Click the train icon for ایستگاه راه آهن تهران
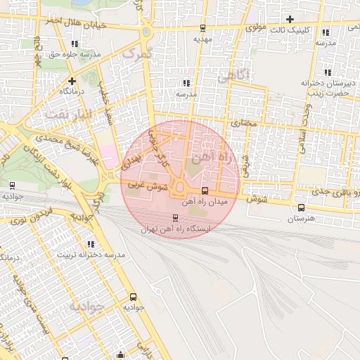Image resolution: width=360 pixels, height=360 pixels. [x=176, y=217]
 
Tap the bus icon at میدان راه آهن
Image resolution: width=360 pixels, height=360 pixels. [x=205, y=191]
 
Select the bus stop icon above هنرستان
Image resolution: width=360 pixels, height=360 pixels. [x=301, y=207]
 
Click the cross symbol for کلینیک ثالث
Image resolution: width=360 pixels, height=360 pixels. [x=289, y=18]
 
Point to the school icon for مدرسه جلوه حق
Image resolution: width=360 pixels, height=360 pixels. [x=74, y=44]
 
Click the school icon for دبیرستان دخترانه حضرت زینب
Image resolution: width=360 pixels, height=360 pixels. [x=328, y=72]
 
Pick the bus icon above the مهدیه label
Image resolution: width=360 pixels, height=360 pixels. [x=202, y=29]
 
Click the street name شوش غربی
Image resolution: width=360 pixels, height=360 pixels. [x=148, y=187]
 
